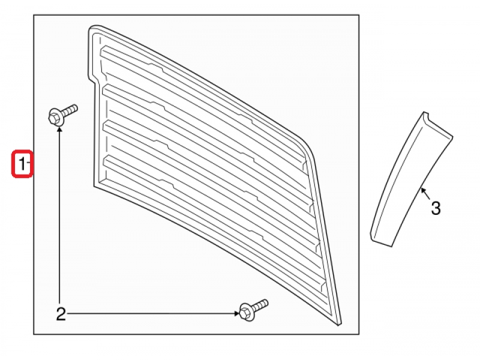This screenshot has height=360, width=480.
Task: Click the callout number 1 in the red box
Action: pos(22,164)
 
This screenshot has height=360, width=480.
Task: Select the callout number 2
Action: pos(61,313)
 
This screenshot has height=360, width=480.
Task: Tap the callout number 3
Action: pos(436,208)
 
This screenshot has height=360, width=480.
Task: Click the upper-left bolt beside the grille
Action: pos(60,115)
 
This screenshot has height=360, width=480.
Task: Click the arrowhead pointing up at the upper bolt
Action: pos(61,130)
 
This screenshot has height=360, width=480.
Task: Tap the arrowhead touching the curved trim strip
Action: pos(423,191)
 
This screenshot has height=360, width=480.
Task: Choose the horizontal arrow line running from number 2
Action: pos(150,313)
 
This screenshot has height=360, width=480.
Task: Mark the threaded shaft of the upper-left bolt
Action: pos(70,110)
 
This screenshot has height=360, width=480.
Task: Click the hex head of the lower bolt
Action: pos(245,311)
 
